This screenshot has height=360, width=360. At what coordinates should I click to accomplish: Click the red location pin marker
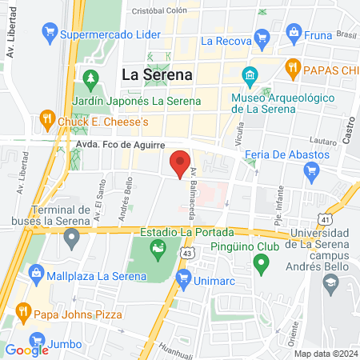tap(181, 163)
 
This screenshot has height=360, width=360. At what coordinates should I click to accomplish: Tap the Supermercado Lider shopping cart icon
tap(50, 34)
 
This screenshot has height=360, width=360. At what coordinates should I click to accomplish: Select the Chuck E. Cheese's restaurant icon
tap(47, 121)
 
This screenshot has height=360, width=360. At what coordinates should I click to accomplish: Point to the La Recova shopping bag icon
tap(261, 38)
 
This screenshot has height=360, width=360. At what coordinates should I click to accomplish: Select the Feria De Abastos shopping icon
tap(312, 170)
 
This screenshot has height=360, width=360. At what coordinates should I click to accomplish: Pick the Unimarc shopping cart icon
tap(183, 278)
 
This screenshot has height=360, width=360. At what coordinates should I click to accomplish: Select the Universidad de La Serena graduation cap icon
tap(330, 282)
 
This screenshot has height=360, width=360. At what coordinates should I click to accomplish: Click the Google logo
tap(27, 350)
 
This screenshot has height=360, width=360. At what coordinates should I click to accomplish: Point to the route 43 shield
tap(186, 252)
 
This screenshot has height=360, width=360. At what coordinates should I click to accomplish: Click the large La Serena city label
tap(158, 74)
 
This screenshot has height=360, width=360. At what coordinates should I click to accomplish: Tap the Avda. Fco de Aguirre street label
tap(121, 145)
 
